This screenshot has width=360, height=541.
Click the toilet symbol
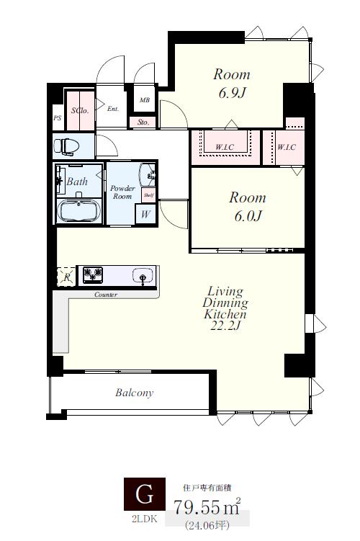tap(66, 146)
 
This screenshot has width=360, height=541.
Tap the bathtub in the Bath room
tap(79, 210)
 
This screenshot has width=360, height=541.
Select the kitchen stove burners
tap(92, 275)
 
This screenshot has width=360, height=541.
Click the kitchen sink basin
tap(142, 275)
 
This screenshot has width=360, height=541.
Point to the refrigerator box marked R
tap(66, 277)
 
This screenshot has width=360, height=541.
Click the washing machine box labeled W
tap(145, 214)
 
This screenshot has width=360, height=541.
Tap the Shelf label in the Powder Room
tap(148, 195)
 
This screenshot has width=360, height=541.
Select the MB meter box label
tap(145, 100)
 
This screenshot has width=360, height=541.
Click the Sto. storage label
tap(143, 122)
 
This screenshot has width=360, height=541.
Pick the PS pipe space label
tap(58, 118)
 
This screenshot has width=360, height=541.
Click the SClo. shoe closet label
tap(80, 110)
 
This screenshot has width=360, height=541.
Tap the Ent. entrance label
tap(113, 109)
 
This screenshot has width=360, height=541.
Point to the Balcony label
tap(134, 393)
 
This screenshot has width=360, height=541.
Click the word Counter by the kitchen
tap(106, 295)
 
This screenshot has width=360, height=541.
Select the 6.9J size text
tap(233, 93)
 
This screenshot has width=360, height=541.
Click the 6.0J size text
tap(248, 216)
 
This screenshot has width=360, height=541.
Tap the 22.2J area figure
tap(225, 326)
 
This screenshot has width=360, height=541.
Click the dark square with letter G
tap(145, 494)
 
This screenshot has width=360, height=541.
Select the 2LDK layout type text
tap(145, 519)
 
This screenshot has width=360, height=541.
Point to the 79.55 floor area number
tap(197, 507)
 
